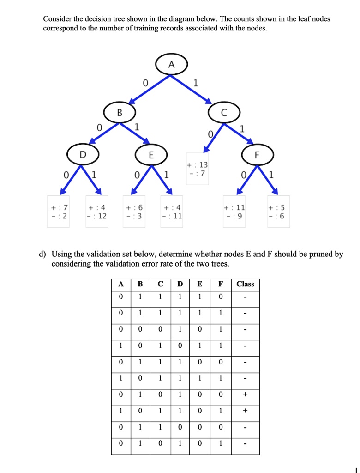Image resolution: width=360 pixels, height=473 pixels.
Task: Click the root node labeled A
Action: coord(171,65)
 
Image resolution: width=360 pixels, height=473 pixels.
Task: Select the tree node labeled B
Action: coord(120,112)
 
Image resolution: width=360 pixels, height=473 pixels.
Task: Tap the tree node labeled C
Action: coord(224,112)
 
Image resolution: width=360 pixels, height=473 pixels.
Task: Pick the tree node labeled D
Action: coord(83,155)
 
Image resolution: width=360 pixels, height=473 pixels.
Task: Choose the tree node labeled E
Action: coord(151,155)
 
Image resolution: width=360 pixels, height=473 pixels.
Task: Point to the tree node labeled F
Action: coord(258,155)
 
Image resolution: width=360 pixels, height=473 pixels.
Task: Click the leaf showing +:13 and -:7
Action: coord(198,169)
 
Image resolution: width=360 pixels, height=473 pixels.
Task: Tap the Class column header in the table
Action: coord(245,284)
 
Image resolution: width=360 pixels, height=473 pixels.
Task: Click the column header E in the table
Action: coord(200,284)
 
